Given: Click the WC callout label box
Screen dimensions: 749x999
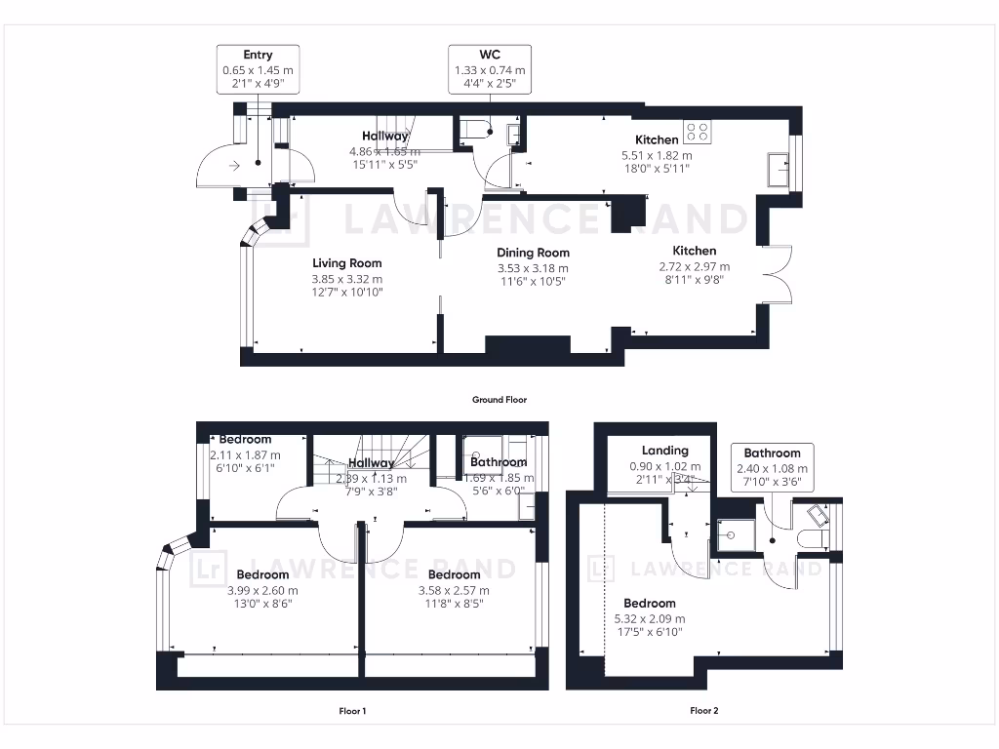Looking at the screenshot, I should pyautogui.click(x=489, y=69).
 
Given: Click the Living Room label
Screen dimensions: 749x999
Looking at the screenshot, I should pyautogui.click(x=346, y=263).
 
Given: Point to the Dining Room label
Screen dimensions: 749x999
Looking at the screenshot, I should pyautogui.click(x=534, y=253).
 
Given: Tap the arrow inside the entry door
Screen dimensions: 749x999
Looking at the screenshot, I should pyautogui.click(x=235, y=167).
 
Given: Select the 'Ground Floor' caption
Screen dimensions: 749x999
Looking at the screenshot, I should pyautogui.click(x=499, y=399).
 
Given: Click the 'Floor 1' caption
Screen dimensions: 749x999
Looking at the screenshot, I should pyautogui.click(x=352, y=711).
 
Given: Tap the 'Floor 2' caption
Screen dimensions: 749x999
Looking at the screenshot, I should pyautogui.click(x=703, y=711).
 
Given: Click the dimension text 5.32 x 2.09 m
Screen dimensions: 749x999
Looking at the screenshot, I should pyautogui.click(x=649, y=618).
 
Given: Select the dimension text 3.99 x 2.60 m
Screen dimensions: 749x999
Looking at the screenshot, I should pyautogui.click(x=262, y=590).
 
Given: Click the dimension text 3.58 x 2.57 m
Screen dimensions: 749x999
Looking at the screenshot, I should pyautogui.click(x=454, y=590).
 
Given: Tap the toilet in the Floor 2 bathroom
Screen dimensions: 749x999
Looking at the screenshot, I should pyautogui.click(x=812, y=538).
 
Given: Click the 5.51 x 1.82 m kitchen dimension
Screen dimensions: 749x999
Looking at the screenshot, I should pyautogui.click(x=657, y=155).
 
